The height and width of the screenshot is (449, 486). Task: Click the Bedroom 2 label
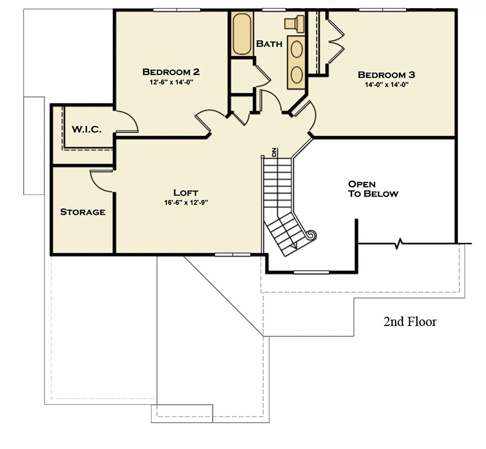pyautogui.click(x=171, y=72)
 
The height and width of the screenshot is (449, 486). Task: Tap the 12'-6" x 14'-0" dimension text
pyautogui.click(x=171, y=83)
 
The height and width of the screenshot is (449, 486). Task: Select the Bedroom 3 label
pyautogui.click(x=386, y=74)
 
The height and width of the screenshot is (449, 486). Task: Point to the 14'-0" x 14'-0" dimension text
pyautogui.click(x=387, y=85)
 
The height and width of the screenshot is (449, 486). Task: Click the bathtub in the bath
pyautogui.click(x=242, y=34)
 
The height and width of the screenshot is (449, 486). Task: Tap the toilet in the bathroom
pyautogui.click(x=294, y=24)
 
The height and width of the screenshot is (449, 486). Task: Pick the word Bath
pyautogui.click(x=269, y=44)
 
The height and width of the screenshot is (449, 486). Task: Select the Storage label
pyautogui.click(x=83, y=212)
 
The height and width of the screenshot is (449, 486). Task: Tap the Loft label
pyautogui.click(x=185, y=193)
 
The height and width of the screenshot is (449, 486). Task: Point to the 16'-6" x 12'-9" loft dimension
pyautogui.click(x=186, y=203)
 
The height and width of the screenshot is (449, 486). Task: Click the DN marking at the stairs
pyautogui.click(x=274, y=152)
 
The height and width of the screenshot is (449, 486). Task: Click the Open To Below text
pyautogui.click(x=373, y=189)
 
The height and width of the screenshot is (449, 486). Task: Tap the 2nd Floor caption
pyautogui.click(x=410, y=322)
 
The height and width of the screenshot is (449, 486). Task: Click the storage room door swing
pyautogui.click(x=102, y=180)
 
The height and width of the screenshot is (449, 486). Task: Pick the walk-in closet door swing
pyautogui.click(x=127, y=122)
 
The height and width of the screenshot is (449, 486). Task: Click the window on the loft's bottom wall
pyautogui.click(x=232, y=255)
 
